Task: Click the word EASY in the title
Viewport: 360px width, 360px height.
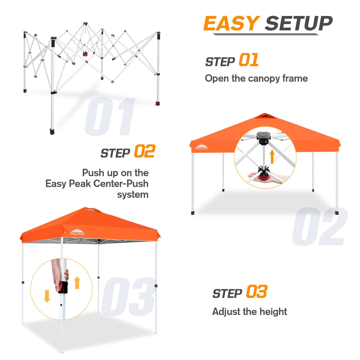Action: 231,24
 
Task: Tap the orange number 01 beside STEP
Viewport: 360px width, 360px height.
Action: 249,60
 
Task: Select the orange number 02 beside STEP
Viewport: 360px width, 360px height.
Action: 144,152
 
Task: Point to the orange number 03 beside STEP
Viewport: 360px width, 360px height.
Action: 257,292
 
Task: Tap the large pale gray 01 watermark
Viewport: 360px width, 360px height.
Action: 110,117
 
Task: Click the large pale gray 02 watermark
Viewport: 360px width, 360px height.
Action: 320,227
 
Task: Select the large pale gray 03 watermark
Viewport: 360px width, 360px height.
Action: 128,297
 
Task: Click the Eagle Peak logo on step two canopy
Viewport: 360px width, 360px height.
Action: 202,147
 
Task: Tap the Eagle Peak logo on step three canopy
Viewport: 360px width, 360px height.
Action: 77,232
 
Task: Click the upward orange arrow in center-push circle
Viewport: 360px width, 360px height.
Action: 272,157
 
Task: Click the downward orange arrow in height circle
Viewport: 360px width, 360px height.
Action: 47,296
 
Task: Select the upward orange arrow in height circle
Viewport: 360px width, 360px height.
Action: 77,283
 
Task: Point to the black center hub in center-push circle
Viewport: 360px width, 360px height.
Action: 263,138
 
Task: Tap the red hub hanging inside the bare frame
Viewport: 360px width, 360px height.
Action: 85,54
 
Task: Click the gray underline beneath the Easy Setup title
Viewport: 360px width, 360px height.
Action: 265,34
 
